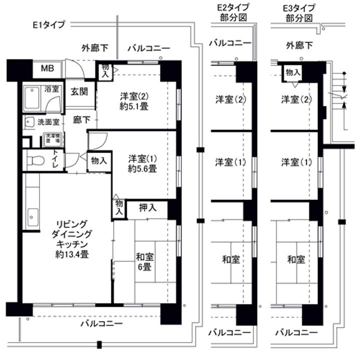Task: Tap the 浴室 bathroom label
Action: point(52,89)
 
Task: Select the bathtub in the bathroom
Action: point(33,95)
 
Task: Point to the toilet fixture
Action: point(35,160)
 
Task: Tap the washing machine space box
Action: point(52,138)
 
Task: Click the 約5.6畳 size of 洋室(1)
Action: point(142,169)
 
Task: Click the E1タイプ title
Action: point(48,24)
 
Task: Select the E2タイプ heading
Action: point(233,7)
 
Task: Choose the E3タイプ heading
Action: point(299,7)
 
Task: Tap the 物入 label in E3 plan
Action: point(293,72)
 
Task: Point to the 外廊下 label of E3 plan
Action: point(299,46)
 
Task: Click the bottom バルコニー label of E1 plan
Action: point(101,324)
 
